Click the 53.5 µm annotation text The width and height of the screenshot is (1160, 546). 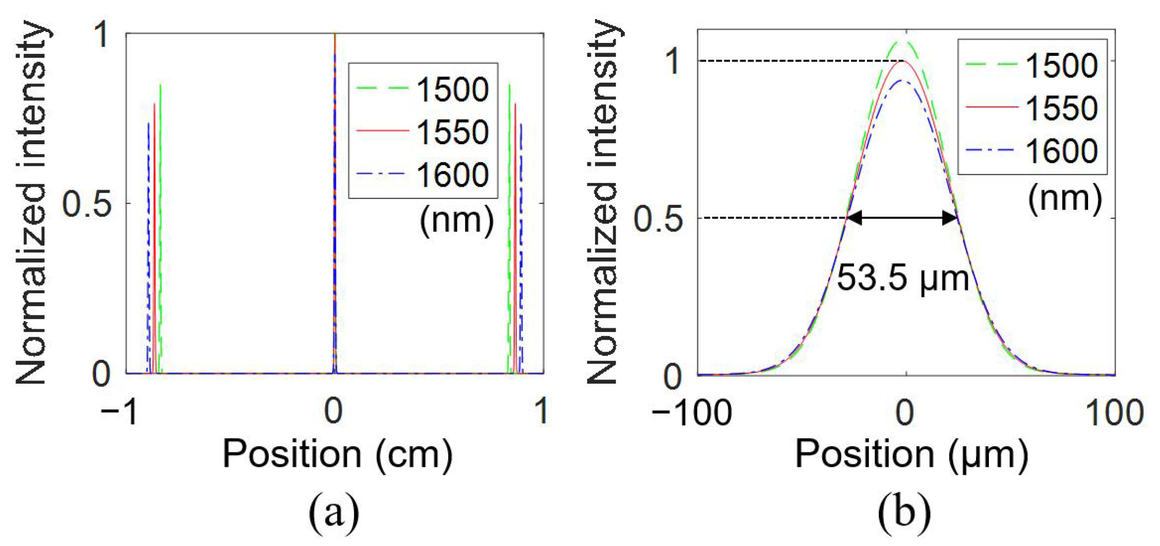point(903,278)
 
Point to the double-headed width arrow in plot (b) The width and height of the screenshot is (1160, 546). point(903,218)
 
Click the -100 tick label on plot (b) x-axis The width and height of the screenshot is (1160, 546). point(692,413)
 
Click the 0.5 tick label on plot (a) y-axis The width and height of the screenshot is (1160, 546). point(87,204)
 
